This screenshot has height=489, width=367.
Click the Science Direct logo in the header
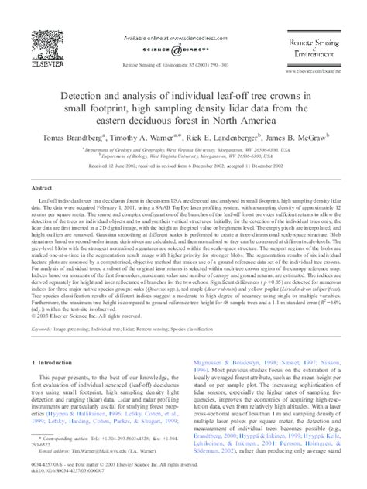tap(183, 48)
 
